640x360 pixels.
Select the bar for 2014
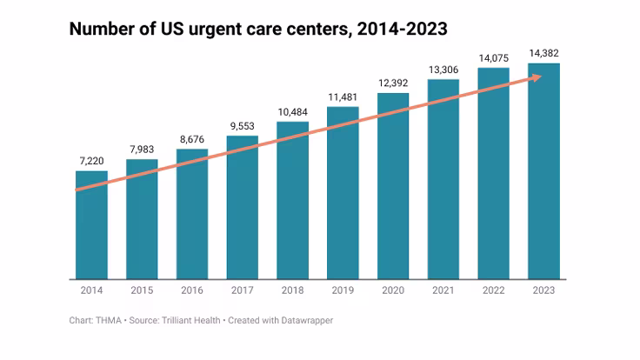91,225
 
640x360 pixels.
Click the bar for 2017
242,208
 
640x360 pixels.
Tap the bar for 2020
392,186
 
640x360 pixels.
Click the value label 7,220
91,161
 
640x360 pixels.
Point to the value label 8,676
192,139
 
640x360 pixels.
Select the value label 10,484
292,112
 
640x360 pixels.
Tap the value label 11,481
343,97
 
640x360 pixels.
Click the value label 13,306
443,70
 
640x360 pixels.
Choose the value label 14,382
543,54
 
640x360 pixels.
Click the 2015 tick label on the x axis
142,290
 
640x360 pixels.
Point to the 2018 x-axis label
292,290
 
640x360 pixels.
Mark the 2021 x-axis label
443,290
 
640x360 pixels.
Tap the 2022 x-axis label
493,290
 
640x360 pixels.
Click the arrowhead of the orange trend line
537,77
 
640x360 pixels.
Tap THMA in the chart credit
107,321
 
